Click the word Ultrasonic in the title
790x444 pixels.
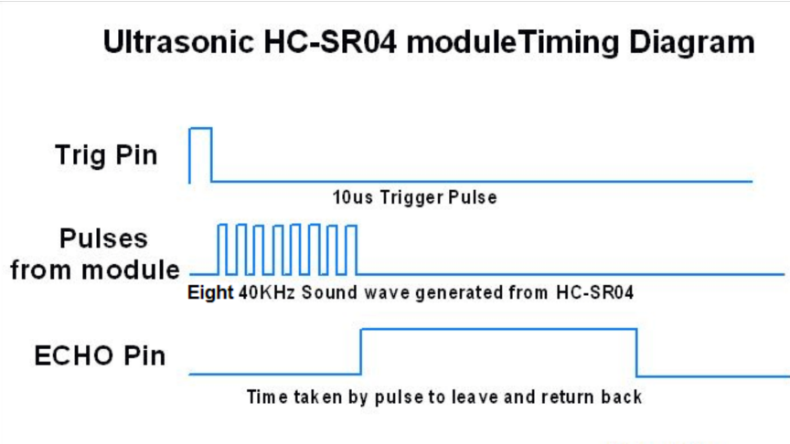pyautogui.click(x=179, y=42)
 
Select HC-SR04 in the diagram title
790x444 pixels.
pyautogui.click(x=330, y=42)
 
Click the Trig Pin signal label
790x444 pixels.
pyautogui.click(x=106, y=154)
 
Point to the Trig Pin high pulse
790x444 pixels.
pyautogui.click(x=200, y=129)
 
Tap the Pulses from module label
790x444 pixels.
pyautogui.click(x=95, y=254)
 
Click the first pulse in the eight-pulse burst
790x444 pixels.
pyautogui.click(x=222, y=226)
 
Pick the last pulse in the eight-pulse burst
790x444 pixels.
pyautogui.click(x=352, y=227)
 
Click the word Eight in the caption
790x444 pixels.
pyautogui.click(x=210, y=293)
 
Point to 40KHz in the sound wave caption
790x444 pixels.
pyautogui.click(x=266, y=292)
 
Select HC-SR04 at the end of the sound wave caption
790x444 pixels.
pyautogui.click(x=594, y=292)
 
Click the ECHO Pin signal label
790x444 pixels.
pyautogui.click(x=100, y=356)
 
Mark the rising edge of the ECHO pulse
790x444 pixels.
pyautogui.click(x=361, y=352)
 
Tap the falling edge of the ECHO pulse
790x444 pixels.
pyautogui.click(x=636, y=353)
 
